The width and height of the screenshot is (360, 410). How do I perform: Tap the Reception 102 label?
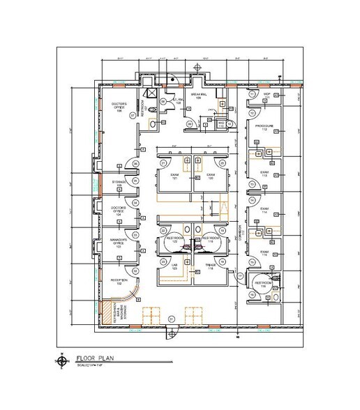(117, 281)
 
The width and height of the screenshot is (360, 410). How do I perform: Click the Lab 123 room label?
(174, 266)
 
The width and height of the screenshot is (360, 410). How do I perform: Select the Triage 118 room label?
(209, 266)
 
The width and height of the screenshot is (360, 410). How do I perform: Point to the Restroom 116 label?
(264, 285)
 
